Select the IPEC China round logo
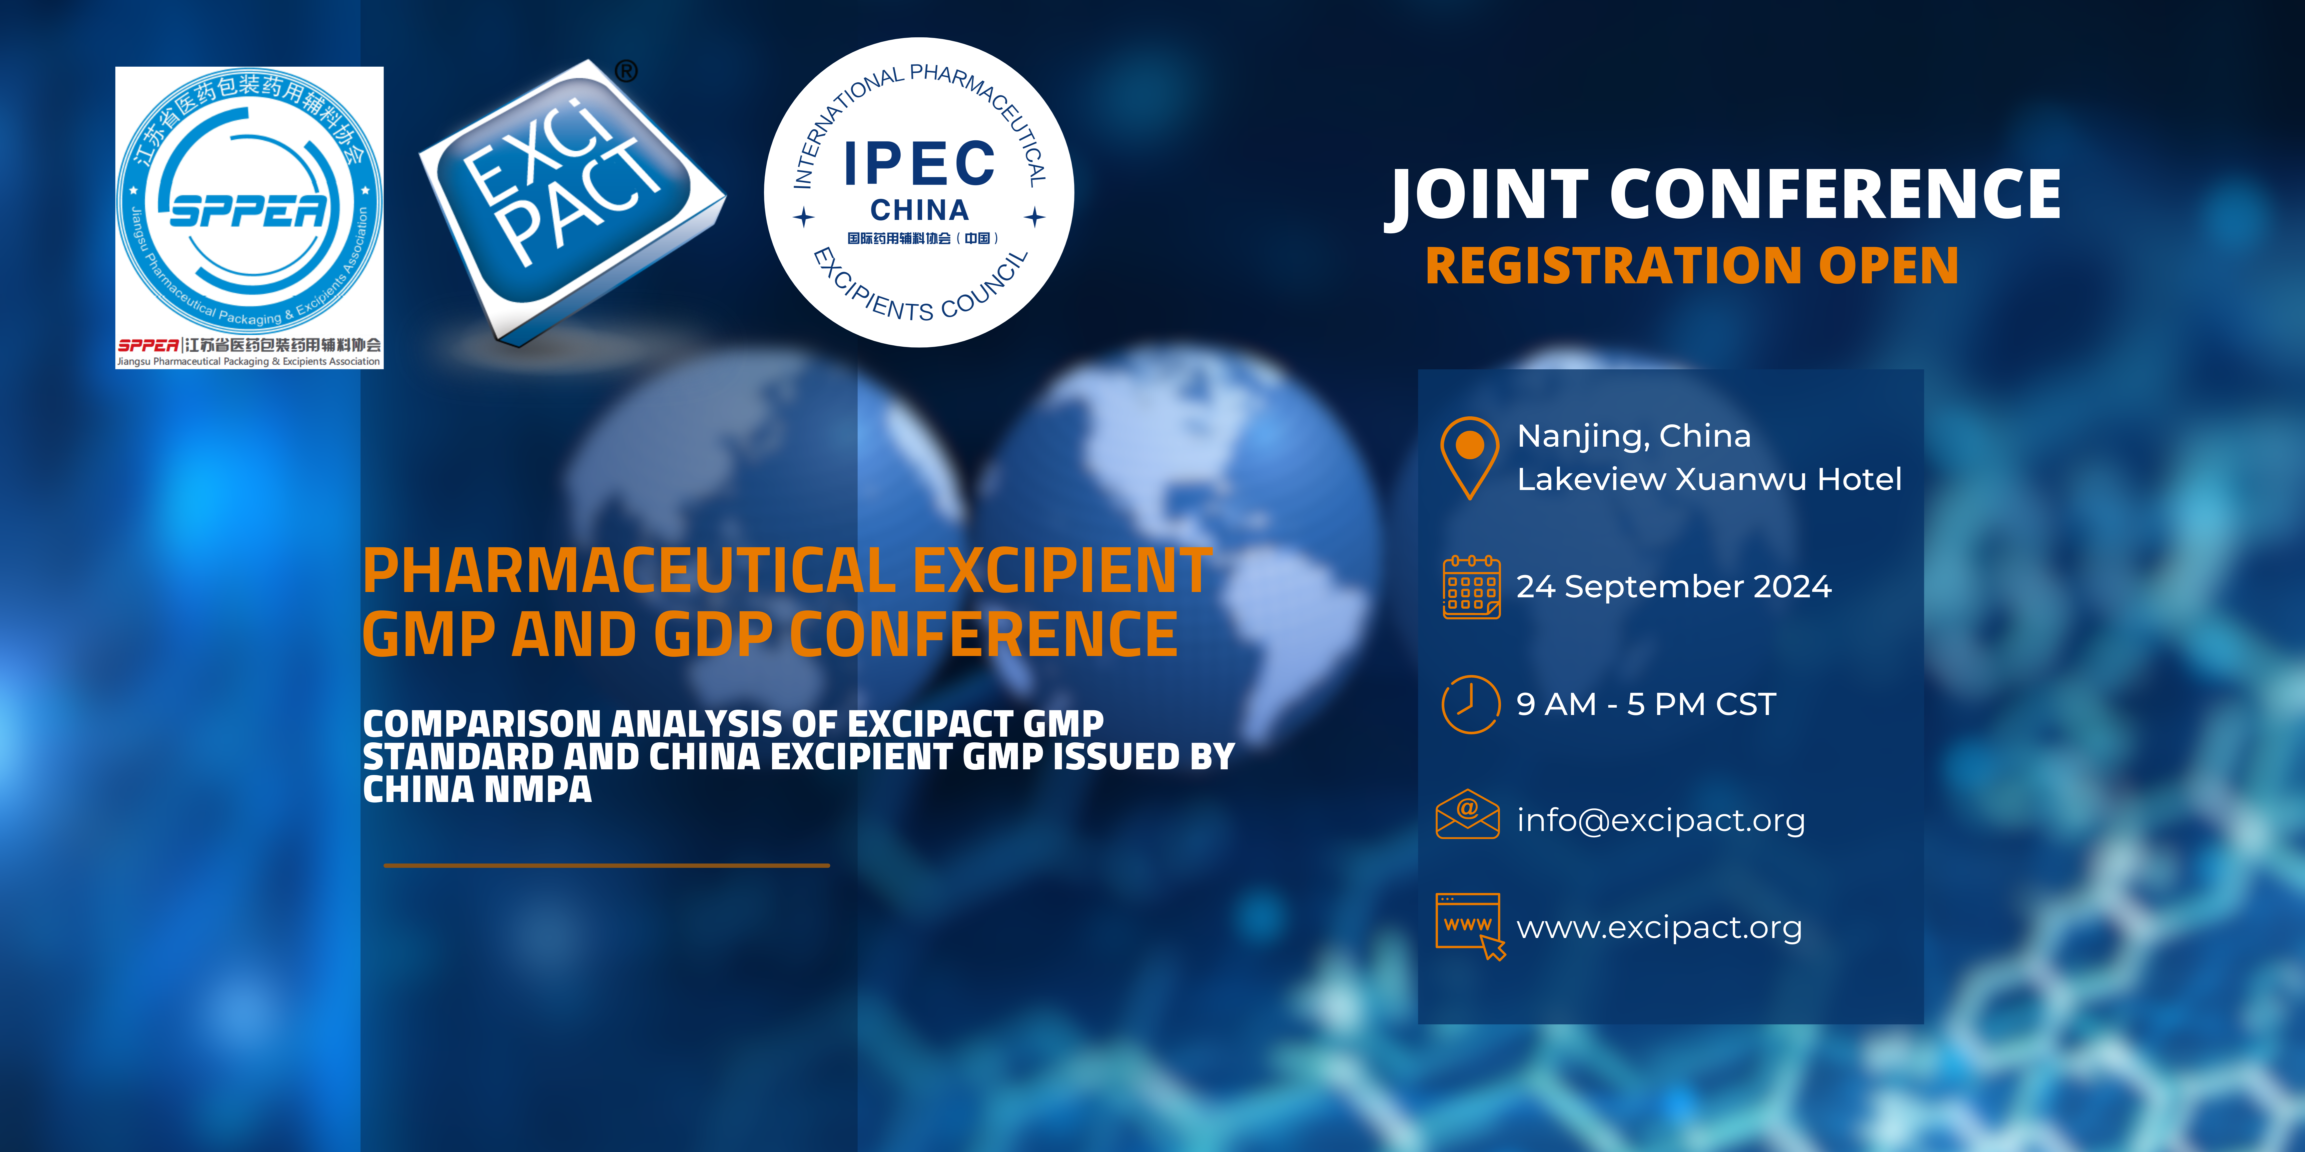[919, 192]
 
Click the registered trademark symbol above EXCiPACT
[626, 71]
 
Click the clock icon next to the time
[1470, 704]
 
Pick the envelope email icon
[1467, 814]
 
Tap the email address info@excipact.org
[1661, 820]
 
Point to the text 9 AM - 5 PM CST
[1645, 704]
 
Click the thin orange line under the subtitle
[607, 865]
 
